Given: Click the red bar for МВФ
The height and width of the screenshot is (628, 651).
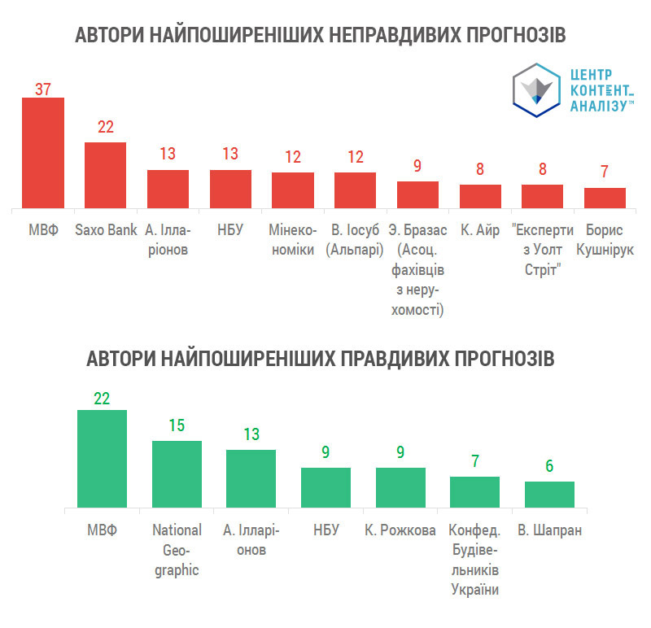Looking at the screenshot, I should pyautogui.click(x=42, y=153).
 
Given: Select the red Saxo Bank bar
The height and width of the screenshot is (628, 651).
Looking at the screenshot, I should pyautogui.click(x=105, y=175).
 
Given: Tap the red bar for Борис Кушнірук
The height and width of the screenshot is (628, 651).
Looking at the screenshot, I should pyautogui.click(x=605, y=198).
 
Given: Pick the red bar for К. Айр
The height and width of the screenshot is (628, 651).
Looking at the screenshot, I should pyautogui.click(x=480, y=196).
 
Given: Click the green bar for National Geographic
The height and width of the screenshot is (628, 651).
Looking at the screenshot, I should pyautogui.click(x=177, y=475).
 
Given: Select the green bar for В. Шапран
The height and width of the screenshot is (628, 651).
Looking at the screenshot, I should pyautogui.click(x=549, y=495).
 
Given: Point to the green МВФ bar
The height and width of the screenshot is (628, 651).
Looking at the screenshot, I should pyautogui.click(x=102, y=460).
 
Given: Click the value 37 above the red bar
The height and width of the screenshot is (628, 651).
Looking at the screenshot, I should pyautogui.click(x=42, y=89).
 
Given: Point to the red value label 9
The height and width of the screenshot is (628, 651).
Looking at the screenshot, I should pyautogui.click(x=417, y=166).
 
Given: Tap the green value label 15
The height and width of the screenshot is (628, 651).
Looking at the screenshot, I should pyautogui.click(x=177, y=425).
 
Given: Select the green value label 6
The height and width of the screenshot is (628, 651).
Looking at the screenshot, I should pyautogui.click(x=549, y=466).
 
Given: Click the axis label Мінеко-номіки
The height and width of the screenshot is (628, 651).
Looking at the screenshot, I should pyautogui.click(x=292, y=239).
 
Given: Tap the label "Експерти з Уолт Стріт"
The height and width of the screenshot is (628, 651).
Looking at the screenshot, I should pyautogui.click(x=543, y=249).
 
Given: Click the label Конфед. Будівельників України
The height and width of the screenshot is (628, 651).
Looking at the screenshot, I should pyautogui.click(x=474, y=560).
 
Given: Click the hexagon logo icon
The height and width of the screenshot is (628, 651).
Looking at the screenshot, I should pyautogui.click(x=536, y=87).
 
